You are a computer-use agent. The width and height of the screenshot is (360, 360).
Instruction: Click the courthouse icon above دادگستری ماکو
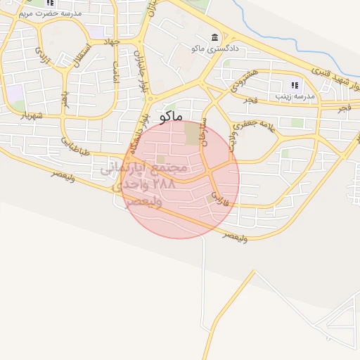(x=214, y=37)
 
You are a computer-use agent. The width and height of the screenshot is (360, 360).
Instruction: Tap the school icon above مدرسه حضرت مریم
(x=50, y=3)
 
